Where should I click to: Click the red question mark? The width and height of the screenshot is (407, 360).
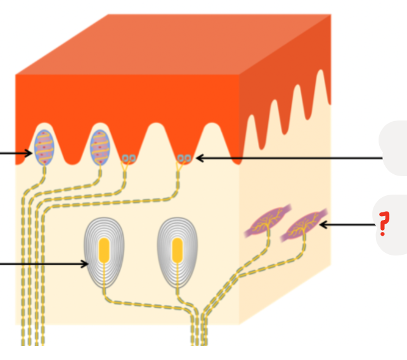point(383,223)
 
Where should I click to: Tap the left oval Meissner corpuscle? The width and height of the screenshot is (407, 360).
point(43,146)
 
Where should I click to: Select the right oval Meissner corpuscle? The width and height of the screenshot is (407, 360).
point(100,146)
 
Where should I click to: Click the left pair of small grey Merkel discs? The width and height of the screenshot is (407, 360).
point(128,157)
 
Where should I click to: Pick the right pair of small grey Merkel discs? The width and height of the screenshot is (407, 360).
point(184,157)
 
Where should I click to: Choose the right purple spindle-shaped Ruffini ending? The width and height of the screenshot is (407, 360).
point(303,223)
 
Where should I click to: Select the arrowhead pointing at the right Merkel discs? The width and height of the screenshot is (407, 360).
point(198,158)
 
